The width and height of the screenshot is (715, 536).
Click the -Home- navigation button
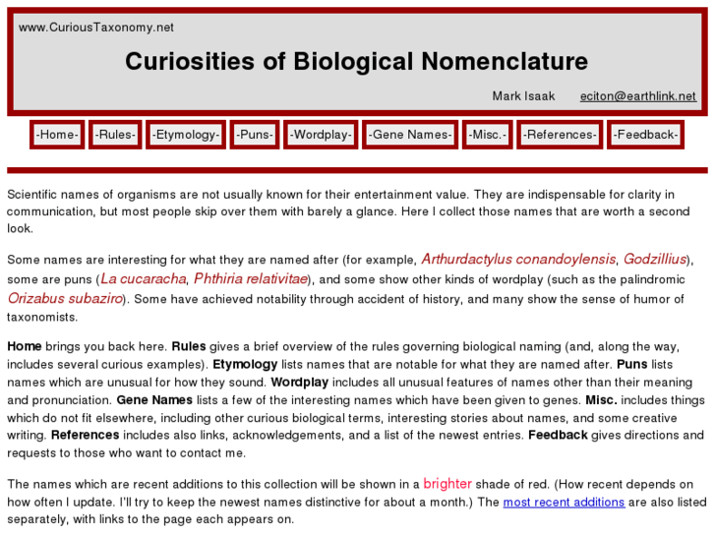point(57,135)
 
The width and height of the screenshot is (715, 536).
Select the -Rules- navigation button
point(116,135)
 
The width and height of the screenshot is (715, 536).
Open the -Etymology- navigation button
point(186,135)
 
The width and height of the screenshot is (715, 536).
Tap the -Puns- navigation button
point(254,135)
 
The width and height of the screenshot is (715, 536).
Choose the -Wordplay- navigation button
point(321,135)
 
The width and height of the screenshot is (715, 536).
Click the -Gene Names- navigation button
point(410,135)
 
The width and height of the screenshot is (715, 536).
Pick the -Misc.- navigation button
point(487,135)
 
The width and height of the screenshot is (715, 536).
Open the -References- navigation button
point(560,135)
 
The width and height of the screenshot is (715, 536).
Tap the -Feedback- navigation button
point(645,135)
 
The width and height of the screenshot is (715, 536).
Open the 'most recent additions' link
point(564,503)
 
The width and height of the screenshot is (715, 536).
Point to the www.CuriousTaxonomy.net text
point(96,28)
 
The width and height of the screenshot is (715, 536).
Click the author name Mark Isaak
point(523,96)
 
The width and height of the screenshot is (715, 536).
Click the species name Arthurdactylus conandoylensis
point(518,260)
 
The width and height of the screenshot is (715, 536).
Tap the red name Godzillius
point(656,260)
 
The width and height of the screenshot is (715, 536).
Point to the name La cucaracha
point(143,279)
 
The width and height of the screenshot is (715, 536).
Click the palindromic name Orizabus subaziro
point(65,298)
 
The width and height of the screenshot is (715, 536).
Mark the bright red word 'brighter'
point(447,484)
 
